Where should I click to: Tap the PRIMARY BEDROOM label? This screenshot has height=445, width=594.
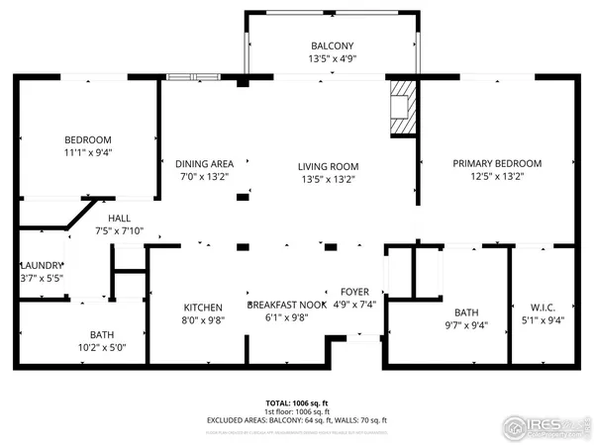click(x=497, y=163)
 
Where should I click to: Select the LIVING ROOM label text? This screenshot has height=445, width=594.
click(x=329, y=166)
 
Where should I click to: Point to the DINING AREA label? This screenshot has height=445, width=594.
click(x=204, y=163)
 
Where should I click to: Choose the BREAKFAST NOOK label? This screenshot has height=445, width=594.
click(x=286, y=306)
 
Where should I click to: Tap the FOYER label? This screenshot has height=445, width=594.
click(x=354, y=292)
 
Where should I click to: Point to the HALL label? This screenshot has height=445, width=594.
click(x=119, y=219)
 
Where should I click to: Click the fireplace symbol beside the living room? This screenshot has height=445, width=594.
click(x=402, y=106)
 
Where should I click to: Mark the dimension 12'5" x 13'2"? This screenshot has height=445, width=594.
click(x=497, y=177)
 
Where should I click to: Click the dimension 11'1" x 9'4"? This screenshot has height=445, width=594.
click(x=88, y=153)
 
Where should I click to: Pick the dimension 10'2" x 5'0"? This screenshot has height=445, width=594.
click(x=102, y=347)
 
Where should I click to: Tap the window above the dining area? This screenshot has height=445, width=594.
click(x=193, y=76)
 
